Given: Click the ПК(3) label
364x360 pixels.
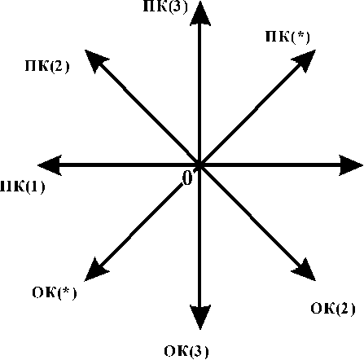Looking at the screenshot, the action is click(x=165, y=7).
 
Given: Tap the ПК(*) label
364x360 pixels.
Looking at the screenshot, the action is click(x=287, y=37).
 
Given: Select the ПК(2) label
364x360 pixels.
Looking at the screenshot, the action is click(x=47, y=66).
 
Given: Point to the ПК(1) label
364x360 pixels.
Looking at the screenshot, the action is click(x=22, y=187).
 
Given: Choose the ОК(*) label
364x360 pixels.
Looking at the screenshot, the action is click(x=55, y=293).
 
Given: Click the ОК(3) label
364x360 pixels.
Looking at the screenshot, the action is click(x=186, y=351).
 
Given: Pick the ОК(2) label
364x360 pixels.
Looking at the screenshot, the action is click(x=333, y=309).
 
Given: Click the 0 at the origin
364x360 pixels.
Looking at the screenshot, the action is click(x=187, y=178).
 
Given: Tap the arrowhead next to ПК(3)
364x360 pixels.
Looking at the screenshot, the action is click(x=200, y=13).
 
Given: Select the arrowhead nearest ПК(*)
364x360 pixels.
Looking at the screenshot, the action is click(x=304, y=62).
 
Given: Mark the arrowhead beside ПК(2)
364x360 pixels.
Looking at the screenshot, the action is click(x=97, y=62).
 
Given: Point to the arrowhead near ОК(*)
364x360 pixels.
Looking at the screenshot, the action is click(x=97, y=269).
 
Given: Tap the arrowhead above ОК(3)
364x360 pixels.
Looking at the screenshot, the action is click(x=200, y=317).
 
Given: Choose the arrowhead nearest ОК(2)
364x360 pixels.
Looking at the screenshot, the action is click(x=304, y=269).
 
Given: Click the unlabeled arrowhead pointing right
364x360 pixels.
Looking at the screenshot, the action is click(x=351, y=165).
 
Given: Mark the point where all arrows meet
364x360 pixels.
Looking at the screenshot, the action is click(x=200, y=165).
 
